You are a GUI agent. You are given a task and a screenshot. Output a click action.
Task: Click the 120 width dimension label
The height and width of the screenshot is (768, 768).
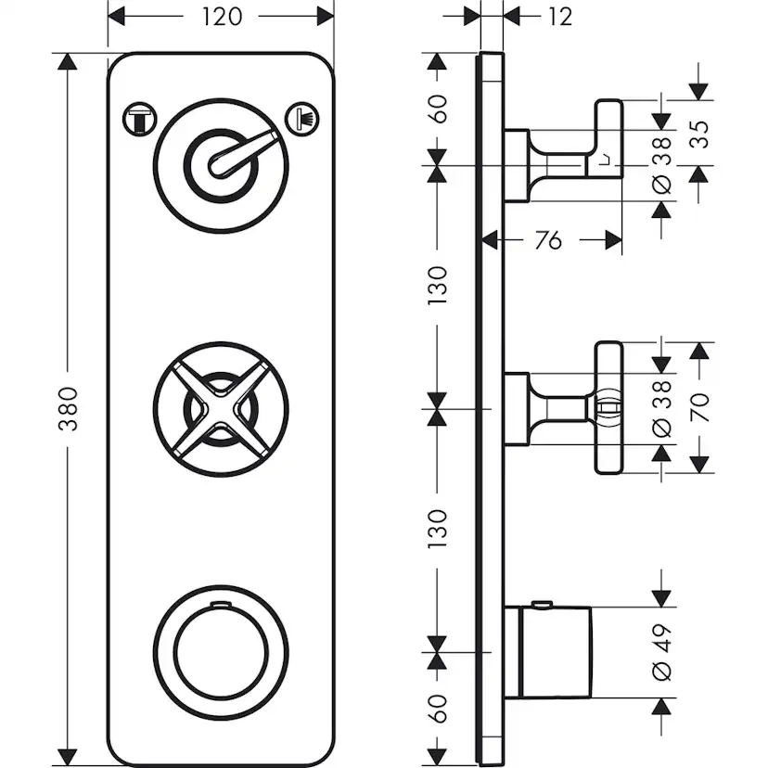(x=221, y=17)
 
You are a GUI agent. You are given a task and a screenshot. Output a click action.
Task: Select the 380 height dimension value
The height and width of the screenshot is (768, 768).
(x=68, y=409)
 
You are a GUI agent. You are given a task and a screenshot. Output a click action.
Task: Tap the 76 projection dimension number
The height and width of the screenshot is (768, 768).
(x=549, y=240)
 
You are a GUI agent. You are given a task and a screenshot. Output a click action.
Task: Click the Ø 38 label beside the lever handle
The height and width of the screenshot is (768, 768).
(x=661, y=172)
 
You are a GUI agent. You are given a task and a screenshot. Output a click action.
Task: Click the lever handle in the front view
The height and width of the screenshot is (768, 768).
(x=243, y=152)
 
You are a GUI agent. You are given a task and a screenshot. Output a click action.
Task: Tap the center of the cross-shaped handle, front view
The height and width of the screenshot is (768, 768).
(x=221, y=409)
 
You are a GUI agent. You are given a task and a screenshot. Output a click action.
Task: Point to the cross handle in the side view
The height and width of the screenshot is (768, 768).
(x=607, y=408)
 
